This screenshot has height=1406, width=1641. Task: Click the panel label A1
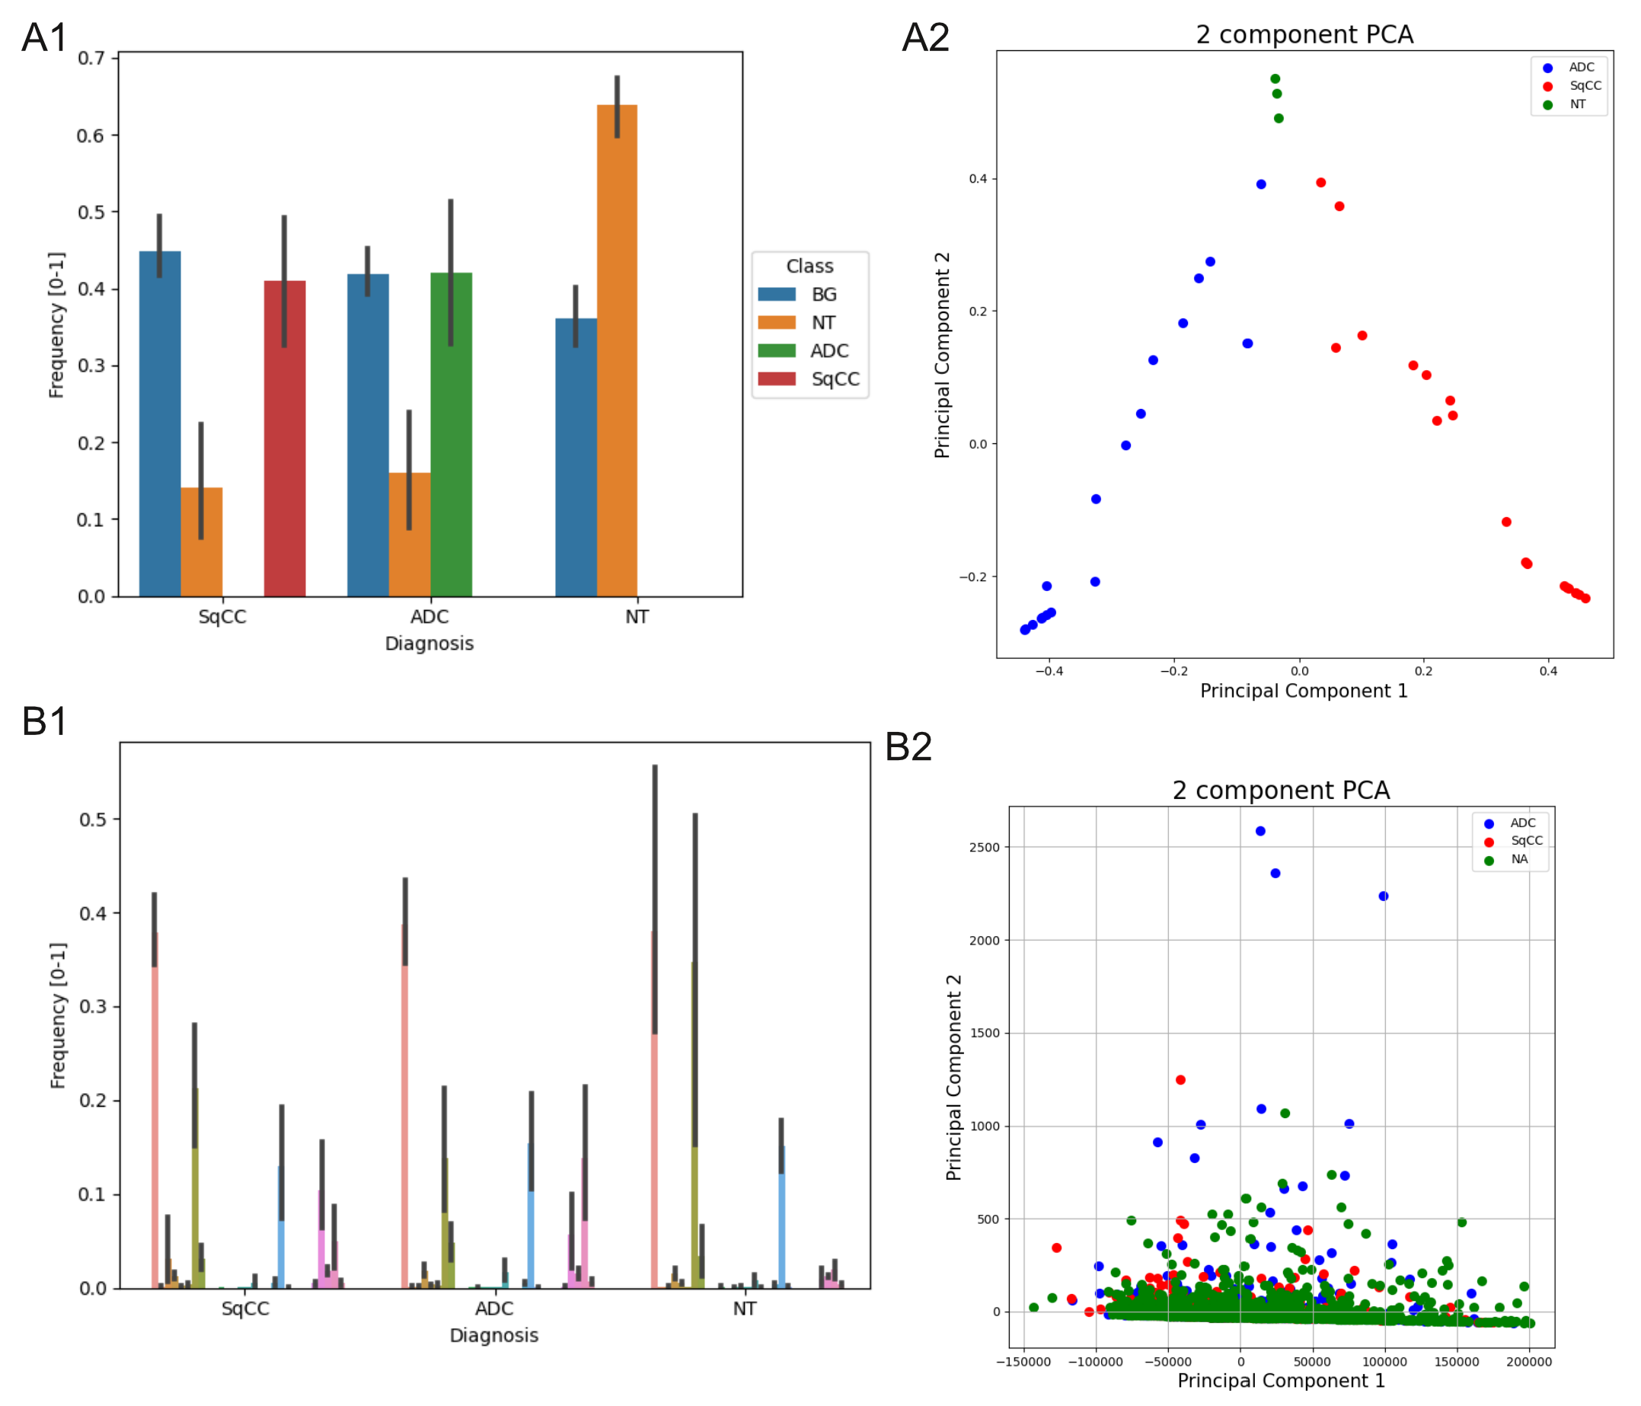point(44,37)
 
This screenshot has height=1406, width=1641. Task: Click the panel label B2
point(908,746)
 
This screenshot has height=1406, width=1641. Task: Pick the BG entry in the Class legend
point(824,295)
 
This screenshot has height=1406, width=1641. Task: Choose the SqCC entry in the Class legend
point(835,379)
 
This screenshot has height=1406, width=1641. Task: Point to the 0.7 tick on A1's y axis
point(91,58)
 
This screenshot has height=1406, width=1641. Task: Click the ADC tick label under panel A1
point(429,616)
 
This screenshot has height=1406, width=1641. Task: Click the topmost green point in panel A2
point(1275,78)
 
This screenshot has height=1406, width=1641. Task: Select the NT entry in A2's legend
point(1578,104)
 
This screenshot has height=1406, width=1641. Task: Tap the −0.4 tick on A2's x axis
point(1049,671)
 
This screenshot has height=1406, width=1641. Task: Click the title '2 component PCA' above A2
point(1304,34)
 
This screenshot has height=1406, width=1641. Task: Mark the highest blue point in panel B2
point(1261,831)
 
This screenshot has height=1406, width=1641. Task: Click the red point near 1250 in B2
point(1180,1080)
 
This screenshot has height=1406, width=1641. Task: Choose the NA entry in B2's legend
point(1519,859)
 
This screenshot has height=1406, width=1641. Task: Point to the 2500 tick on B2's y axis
point(985,848)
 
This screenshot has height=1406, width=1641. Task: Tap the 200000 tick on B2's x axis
point(1528,1362)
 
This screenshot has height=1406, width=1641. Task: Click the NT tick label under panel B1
point(744,1309)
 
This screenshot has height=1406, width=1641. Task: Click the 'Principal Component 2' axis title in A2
point(942,355)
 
